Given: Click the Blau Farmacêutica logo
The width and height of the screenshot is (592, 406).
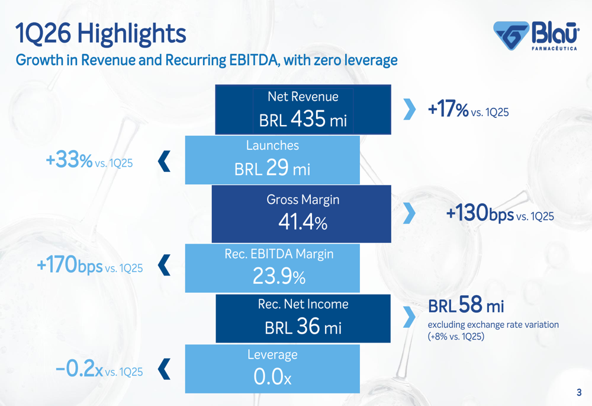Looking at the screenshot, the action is [x=536, y=36].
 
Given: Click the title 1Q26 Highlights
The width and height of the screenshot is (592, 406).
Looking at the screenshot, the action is [x=101, y=33].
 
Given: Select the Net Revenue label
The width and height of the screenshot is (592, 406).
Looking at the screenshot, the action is [x=303, y=97].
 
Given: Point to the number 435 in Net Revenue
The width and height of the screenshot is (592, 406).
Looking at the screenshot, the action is [x=308, y=119].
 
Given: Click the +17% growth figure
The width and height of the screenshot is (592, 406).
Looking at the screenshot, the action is [x=448, y=109].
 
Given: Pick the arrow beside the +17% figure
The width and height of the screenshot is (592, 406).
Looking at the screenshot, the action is [x=409, y=109].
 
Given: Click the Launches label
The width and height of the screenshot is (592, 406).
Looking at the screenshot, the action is [x=272, y=145].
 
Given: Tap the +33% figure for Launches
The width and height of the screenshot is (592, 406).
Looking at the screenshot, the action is [x=69, y=159].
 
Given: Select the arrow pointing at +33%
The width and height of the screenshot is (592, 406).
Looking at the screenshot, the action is [x=164, y=161].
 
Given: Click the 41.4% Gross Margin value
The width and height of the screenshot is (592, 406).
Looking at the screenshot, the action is [x=303, y=222].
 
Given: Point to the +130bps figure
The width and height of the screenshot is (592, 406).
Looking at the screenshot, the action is [x=480, y=212].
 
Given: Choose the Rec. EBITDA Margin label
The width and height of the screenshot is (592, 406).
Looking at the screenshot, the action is [x=279, y=254].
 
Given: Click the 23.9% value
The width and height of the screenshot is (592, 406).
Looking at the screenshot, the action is [x=279, y=276].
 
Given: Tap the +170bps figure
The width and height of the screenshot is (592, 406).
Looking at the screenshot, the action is [x=70, y=264].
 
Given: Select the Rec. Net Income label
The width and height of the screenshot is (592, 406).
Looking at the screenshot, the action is [x=303, y=304].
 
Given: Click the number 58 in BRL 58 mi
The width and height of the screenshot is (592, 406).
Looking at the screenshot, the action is [x=471, y=304].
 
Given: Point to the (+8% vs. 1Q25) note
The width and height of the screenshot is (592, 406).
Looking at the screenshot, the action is [x=456, y=337].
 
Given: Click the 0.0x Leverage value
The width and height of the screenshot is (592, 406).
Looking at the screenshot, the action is [x=272, y=376].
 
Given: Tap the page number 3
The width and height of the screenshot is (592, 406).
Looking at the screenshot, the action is [x=579, y=392].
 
